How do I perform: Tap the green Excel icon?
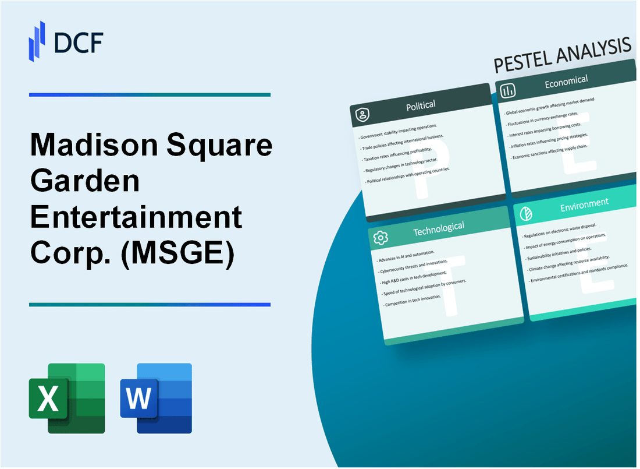pyautogui.click(x=67, y=399)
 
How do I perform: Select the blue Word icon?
pyautogui.click(x=156, y=399)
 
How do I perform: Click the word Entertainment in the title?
pyautogui.click(x=136, y=218)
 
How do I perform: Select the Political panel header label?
pyautogui.click(x=421, y=105)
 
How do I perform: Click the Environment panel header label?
pyautogui.click(x=584, y=203)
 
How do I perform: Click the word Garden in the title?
pyautogui.click(x=84, y=182)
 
